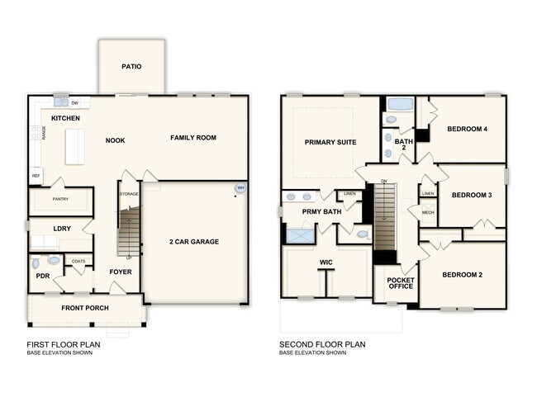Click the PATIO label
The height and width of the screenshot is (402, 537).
tap(131, 67)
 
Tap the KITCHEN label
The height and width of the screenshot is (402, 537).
tap(65, 119)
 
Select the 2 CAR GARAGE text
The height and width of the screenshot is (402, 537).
tap(194, 241)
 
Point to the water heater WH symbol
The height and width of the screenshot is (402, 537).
tap(240, 189)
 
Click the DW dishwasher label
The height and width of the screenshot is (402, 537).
tap(74, 103)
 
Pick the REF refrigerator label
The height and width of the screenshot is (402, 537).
tap(36, 176)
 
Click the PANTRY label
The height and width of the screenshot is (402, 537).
tap(59, 199)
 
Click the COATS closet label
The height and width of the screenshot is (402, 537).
tap(78, 262)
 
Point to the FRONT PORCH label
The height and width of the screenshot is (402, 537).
tap(85, 308)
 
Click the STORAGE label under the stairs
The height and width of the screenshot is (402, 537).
tap(128, 195)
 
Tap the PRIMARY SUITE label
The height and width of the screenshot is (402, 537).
tap(330, 142)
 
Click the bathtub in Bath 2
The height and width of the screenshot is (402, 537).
tap(401, 105)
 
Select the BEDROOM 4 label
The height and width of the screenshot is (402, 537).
tap(468, 129)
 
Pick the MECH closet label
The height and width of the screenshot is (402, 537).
tap(427, 213)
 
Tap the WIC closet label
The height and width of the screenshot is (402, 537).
tap(325, 264)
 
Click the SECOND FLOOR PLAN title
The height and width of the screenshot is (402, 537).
tap(322, 344)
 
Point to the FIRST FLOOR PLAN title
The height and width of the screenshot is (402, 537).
tap(64, 344)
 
